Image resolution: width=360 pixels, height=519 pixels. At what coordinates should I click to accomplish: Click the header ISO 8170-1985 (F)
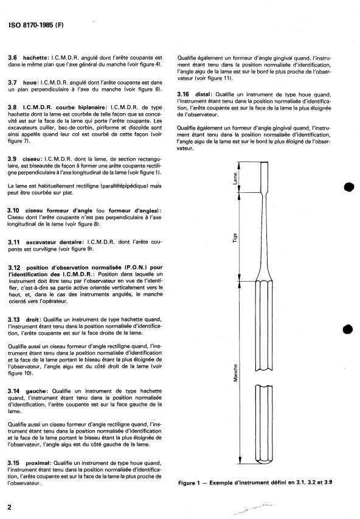(36, 25)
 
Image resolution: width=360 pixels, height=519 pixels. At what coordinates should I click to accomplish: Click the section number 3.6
(13, 58)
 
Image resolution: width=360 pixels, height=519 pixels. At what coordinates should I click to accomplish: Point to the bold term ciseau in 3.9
(32, 159)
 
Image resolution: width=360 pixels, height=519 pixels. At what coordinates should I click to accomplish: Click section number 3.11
(14, 242)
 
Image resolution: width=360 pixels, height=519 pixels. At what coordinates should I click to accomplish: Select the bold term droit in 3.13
(33, 320)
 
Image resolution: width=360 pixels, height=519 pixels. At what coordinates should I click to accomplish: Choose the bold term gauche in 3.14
(36, 391)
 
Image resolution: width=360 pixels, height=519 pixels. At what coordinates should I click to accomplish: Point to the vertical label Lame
(235, 178)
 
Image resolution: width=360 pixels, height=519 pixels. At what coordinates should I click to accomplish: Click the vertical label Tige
(235, 238)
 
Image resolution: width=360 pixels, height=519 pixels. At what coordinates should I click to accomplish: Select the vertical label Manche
(235, 373)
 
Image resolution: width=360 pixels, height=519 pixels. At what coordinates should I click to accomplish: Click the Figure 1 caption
(255, 482)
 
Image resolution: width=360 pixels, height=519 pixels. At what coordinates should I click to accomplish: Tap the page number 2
(9, 507)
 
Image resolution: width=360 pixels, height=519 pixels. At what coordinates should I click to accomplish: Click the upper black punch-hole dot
(349, 187)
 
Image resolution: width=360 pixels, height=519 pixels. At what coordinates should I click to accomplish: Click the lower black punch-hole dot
(348, 329)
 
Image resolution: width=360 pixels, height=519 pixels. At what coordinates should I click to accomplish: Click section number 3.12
(14, 268)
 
